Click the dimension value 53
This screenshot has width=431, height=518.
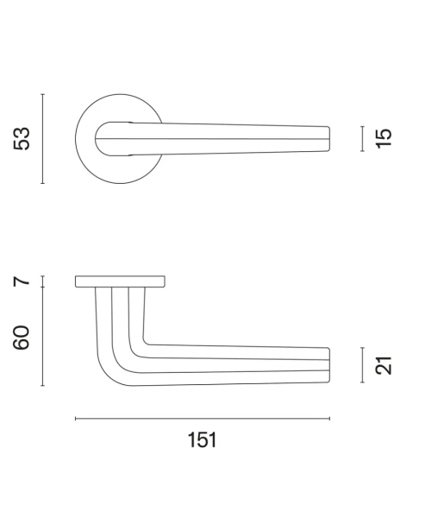(x=22, y=138)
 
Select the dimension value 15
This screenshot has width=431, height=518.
(x=384, y=138)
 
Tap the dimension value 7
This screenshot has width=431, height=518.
(x=22, y=281)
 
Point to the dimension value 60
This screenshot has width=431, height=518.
(x=21, y=338)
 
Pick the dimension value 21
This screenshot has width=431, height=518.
(x=384, y=365)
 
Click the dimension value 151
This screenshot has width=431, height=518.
(x=203, y=440)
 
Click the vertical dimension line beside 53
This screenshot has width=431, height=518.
(x=42, y=139)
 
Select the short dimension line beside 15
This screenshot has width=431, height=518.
(x=362, y=139)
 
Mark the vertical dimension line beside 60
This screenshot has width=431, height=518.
(x=42, y=337)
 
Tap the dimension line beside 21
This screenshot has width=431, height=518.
(x=362, y=365)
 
